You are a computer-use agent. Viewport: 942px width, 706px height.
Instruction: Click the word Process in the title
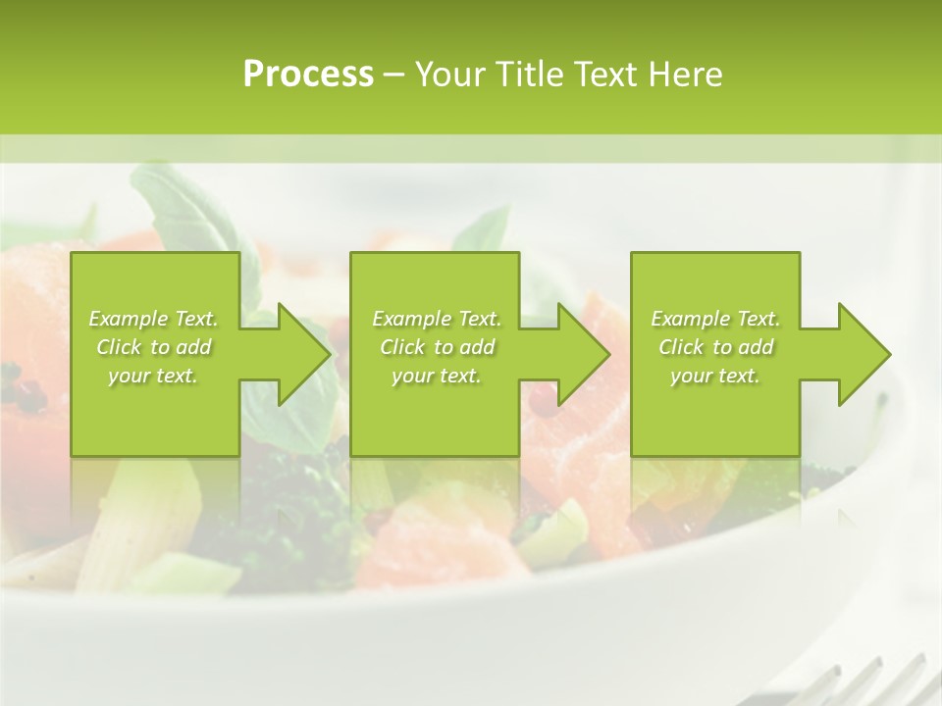tap(308, 75)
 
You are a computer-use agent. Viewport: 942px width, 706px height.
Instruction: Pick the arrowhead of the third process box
tap(863, 354)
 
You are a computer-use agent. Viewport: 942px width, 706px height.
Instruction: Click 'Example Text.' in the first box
tap(153, 319)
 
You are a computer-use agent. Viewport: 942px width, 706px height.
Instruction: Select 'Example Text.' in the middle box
tap(436, 319)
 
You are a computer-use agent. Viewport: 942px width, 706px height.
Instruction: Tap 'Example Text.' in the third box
tap(715, 319)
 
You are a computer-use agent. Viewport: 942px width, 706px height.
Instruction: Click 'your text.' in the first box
tap(153, 376)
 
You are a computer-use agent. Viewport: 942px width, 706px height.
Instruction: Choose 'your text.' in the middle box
tap(436, 376)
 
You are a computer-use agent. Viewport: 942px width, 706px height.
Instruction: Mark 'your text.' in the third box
tap(715, 376)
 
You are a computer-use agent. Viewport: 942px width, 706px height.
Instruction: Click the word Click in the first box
tap(119, 347)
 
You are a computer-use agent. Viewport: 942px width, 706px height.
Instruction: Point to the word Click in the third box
tap(681, 347)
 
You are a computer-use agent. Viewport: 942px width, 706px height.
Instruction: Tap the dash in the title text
tap(394, 75)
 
